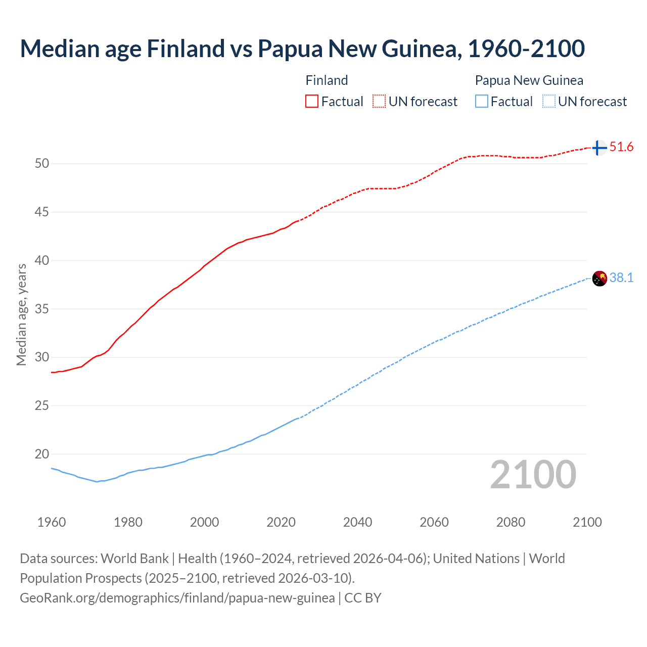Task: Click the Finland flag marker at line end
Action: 599,148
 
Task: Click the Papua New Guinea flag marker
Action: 599,278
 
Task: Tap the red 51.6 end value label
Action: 621,147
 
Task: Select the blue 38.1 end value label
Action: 621,278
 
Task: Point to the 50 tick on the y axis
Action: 42,163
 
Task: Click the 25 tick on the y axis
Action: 42,405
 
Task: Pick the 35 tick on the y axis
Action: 42,309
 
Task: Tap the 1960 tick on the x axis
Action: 52,522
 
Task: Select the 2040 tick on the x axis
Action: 357,522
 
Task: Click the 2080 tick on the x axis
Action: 511,522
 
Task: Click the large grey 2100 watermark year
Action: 533,474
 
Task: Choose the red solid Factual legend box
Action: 312,101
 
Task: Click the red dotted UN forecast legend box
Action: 379,101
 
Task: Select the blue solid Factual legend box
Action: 482,101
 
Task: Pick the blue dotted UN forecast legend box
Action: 548,101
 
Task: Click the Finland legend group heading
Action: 327,80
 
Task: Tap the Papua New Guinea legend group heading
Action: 529,80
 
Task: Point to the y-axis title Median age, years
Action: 21,314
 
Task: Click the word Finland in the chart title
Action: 186,49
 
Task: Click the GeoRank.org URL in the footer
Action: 177,598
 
